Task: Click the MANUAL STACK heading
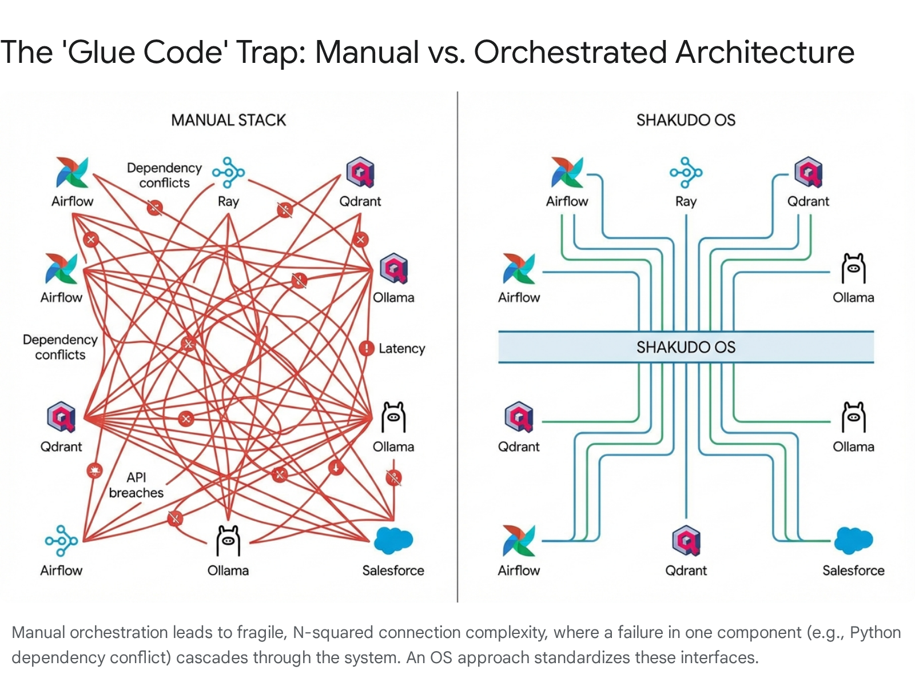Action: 228,120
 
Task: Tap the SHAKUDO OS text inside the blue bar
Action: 686,347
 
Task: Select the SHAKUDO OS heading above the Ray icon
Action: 686,120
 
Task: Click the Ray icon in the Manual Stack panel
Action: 228,172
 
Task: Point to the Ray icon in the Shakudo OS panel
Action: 686,172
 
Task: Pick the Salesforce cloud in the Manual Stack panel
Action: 393,540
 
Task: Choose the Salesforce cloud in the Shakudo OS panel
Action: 853,540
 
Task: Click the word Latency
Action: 401,349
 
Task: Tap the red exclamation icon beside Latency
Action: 366,348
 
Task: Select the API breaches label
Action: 136,485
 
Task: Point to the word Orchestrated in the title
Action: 570,53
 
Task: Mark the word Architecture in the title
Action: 765,53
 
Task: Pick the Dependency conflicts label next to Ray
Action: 164,175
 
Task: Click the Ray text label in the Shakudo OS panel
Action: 686,201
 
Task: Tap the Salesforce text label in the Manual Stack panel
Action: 393,571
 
